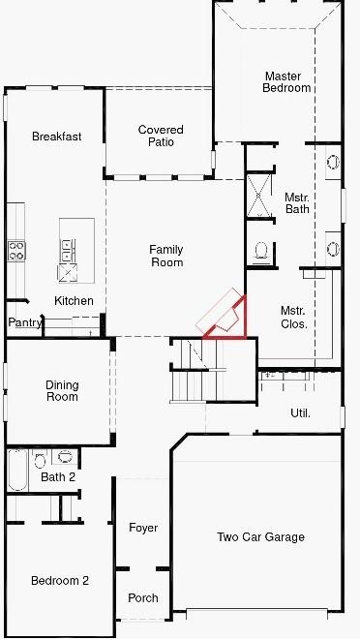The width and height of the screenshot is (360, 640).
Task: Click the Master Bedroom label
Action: (286, 81)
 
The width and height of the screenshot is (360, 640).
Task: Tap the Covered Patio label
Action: (161, 137)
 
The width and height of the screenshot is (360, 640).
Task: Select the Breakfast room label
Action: (56, 137)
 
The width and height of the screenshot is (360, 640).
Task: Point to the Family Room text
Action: (166, 256)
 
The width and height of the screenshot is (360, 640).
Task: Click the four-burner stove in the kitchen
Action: (16, 251)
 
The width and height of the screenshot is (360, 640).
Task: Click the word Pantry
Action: (23, 322)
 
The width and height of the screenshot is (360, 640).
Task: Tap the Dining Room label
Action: (62, 391)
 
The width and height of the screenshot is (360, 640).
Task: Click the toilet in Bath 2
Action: (42, 457)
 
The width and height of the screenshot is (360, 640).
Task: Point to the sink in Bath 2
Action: (65, 457)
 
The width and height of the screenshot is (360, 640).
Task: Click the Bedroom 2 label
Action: (60, 580)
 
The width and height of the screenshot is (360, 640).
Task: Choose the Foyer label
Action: (143, 528)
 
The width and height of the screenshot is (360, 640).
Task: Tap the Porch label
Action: (143, 597)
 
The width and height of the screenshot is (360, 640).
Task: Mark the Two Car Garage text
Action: (260, 536)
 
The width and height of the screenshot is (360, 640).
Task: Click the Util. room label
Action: (301, 413)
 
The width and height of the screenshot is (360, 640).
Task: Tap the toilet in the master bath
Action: (260, 251)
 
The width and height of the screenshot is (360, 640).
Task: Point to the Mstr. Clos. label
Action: (294, 318)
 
